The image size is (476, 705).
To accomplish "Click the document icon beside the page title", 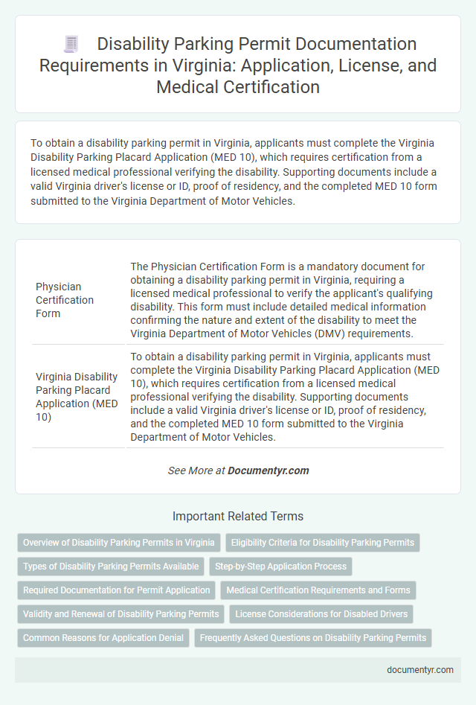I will pyautogui.click(x=71, y=44).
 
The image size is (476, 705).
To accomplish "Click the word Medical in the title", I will pyautogui.click(x=190, y=87).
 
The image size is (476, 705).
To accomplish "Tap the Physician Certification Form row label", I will pyautogui.click(x=65, y=300).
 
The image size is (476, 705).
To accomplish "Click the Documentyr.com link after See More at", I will pyautogui.click(x=268, y=470).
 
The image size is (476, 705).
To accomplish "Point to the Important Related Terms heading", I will pyautogui.click(x=238, y=516).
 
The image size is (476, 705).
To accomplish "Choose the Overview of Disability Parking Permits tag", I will pyautogui.click(x=119, y=543).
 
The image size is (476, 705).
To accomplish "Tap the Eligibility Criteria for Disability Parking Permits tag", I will pyautogui.click(x=323, y=543).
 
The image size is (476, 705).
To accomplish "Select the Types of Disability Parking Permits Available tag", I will pyautogui.click(x=111, y=567).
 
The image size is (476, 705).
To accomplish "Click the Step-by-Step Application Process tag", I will pyautogui.click(x=280, y=567).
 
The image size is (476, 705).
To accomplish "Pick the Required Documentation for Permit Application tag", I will pyautogui.click(x=116, y=590).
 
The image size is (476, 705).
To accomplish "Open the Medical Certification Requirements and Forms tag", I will pyautogui.click(x=318, y=590).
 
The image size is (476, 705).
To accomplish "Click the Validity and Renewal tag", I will pyautogui.click(x=121, y=614).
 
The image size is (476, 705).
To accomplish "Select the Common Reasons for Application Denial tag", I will pyautogui.click(x=103, y=638).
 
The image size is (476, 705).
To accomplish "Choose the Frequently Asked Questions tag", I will pyautogui.click(x=313, y=638).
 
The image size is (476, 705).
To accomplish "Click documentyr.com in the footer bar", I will pyautogui.click(x=420, y=669).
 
